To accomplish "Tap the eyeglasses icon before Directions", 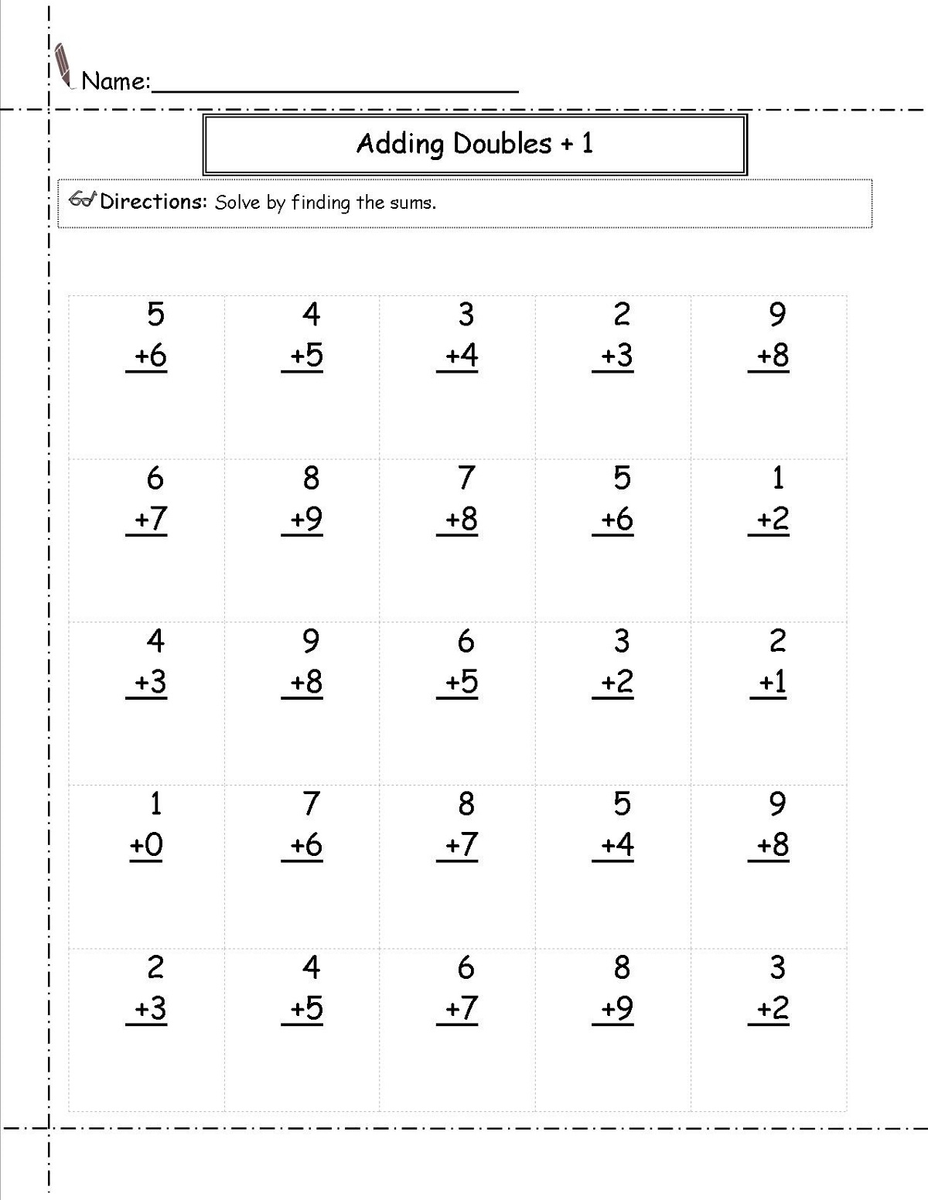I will pos(82,199).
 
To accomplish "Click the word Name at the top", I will pos(114,80).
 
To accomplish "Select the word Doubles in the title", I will pos(503,144).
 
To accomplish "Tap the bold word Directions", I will pos(153,202).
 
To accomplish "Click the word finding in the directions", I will pos(321,203).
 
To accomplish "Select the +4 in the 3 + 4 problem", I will pos(462,356).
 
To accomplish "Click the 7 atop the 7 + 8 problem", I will pos(466,478).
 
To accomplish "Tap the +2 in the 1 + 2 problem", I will pos(772,519).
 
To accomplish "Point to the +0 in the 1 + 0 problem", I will pos(146,845).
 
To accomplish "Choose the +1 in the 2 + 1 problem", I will pos(772,682).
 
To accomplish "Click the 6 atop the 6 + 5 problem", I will pos(466,641).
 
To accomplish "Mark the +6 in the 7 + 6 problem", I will pos(306,845).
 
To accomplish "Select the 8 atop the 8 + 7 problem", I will pos(466,804).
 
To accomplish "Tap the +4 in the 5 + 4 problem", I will pos(617,845).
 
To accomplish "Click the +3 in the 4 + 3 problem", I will pos(150,682).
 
